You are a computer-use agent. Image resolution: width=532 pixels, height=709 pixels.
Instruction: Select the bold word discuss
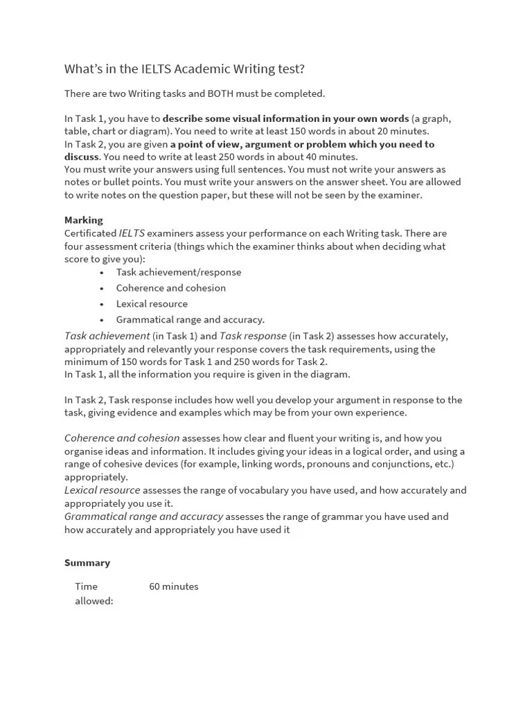[82, 157]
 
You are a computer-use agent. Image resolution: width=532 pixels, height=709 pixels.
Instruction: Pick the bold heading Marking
[83, 220]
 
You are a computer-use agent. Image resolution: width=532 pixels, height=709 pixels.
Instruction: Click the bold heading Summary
[87, 563]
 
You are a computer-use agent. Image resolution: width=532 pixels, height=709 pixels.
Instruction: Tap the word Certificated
[90, 233]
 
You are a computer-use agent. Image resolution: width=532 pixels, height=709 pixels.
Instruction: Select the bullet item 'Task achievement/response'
[179, 272]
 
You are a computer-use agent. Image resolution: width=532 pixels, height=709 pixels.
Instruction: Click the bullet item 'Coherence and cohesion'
[171, 288]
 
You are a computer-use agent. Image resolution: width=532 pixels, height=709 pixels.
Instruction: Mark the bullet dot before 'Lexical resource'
[102, 304]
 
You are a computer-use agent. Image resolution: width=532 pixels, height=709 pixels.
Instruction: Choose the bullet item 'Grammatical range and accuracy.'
[190, 320]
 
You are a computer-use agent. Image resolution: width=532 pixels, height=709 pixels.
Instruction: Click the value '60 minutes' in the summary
[174, 586]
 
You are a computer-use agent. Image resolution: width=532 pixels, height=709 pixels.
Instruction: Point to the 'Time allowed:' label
[94, 593]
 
